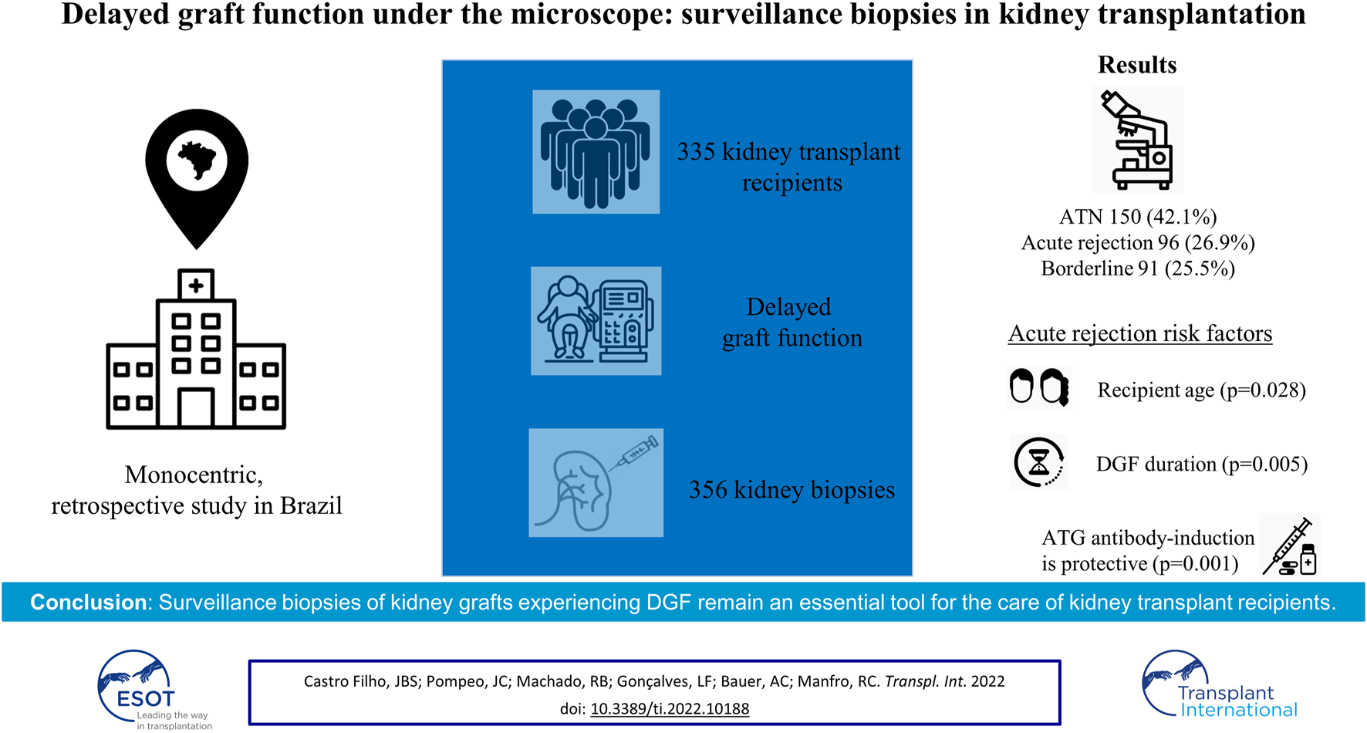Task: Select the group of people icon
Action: point(596,152)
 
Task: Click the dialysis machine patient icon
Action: point(596,321)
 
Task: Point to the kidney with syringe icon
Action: point(596,483)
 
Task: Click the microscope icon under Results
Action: point(1138,140)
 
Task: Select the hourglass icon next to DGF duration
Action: point(1039,462)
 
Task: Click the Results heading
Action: point(1137,65)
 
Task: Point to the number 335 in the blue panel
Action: point(697,152)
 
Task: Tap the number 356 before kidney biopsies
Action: point(708,490)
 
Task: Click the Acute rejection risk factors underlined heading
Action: point(1140,333)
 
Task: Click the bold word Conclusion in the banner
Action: point(88,603)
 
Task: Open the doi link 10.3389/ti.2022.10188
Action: point(670,708)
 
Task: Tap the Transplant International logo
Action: point(1220,684)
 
